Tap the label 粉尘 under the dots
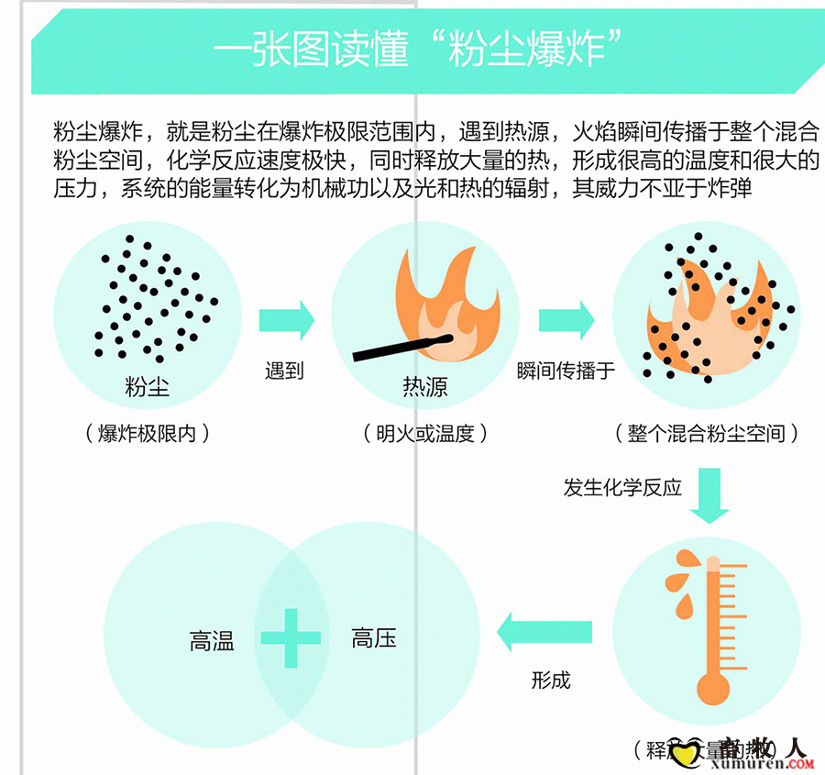point(148,386)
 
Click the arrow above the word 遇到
point(286,320)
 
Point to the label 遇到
point(284,371)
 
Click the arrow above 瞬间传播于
point(566,320)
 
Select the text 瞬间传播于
point(566,371)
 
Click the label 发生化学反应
point(622,487)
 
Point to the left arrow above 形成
point(544,633)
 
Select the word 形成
point(551,680)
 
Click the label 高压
point(374,638)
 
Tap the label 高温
point(213,641)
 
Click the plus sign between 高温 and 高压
point(291,635)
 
